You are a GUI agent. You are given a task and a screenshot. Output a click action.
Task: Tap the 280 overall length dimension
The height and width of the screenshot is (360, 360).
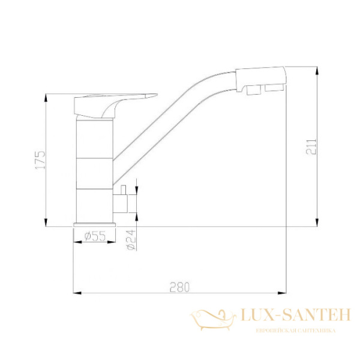click(179, 287)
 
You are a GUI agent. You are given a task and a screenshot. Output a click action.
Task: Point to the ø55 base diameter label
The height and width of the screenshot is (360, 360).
click(94, 236)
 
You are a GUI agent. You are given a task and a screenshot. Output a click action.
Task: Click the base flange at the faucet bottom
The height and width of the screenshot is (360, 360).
click(94, 224)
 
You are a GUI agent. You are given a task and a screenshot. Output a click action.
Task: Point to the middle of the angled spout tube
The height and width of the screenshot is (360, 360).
click(174, 120)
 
